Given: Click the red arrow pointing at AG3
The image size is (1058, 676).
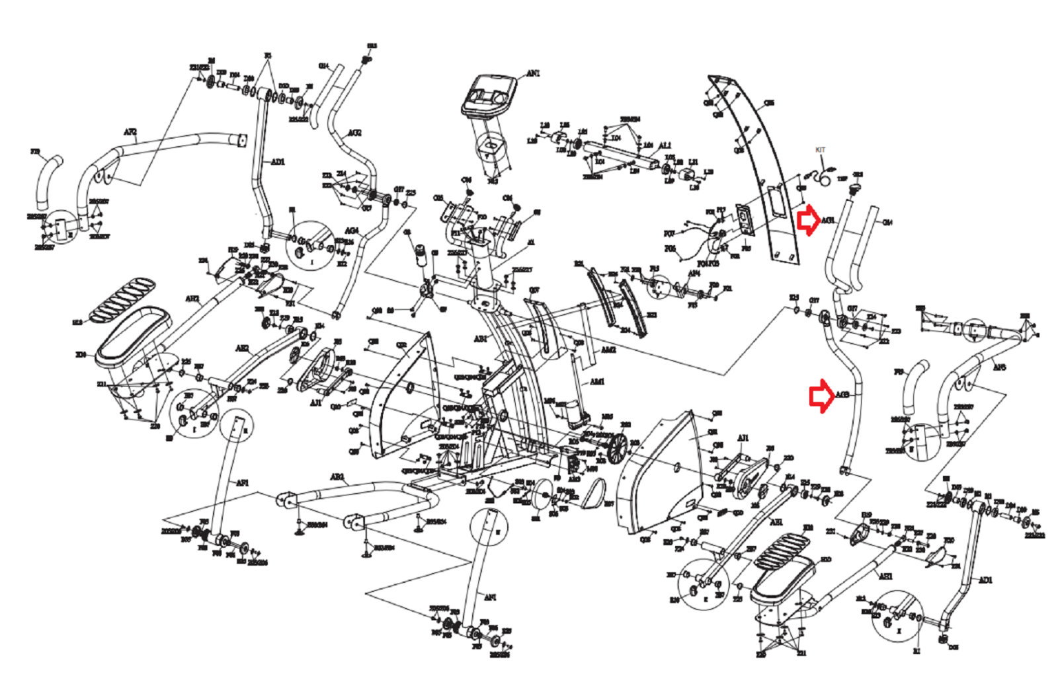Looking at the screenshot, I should (821, 395).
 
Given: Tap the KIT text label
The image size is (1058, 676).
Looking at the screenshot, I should (820, 150).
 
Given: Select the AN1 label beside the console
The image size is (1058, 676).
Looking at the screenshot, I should (532, 73).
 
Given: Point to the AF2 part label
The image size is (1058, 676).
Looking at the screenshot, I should (130, 132).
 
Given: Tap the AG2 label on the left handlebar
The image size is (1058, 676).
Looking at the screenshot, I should (354, 133).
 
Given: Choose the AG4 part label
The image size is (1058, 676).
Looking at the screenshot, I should (351, 231).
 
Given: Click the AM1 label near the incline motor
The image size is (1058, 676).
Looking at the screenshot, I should (596, 381).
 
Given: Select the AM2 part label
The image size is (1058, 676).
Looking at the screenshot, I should (608, 350).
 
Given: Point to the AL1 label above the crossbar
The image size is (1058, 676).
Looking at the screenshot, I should (664, 145).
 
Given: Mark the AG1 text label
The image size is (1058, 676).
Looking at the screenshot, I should (828, 220).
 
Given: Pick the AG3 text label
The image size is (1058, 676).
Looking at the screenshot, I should (842, 394).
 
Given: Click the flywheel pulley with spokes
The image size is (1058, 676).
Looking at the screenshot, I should (616, 447).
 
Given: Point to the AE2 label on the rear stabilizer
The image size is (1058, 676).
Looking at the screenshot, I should (337, 476).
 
